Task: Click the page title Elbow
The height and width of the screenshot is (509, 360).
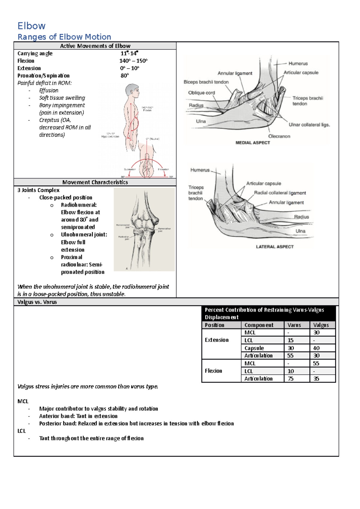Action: [31, 26]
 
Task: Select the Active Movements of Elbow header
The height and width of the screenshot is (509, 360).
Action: [95, 46]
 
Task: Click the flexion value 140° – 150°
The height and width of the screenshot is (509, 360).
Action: [133, 61]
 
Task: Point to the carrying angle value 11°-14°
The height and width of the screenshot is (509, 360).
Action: [129, 53]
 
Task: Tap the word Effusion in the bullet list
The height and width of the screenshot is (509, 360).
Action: [49, 91]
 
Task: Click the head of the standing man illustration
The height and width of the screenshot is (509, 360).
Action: [133, 91]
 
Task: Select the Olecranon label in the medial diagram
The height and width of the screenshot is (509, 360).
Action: [279, 136]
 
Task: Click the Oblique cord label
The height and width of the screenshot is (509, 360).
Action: [201, 93]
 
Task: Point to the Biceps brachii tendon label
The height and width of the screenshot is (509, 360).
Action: [206, 82]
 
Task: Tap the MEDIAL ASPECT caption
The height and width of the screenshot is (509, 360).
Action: [253, 143]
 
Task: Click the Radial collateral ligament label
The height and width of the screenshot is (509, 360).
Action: [280, 193]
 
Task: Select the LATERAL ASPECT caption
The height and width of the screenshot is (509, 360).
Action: [274, 247]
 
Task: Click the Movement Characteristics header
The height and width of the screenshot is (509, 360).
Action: [95, 182]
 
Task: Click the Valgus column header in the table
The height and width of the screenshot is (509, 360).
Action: [321, 325]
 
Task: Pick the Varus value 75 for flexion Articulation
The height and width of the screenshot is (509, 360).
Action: [290, 379]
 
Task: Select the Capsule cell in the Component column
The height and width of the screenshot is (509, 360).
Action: [254, 348]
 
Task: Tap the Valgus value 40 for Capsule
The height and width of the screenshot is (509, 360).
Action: [316, 348]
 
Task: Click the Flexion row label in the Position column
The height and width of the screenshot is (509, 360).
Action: [213, 371]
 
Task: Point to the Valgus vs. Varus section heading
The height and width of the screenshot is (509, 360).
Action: [37, 302]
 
